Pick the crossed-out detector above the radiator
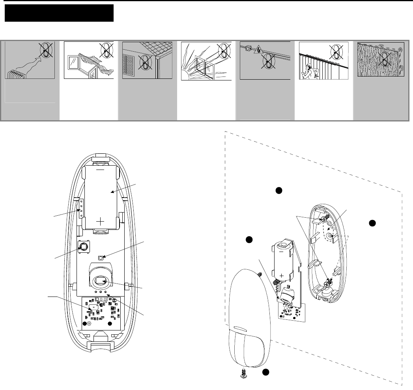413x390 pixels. tap(45, 52)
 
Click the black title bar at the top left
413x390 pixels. tap(59, 13)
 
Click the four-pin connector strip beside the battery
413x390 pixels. tap(82, 208)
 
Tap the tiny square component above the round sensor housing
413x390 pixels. tap(101, 258)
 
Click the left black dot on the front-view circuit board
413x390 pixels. tap(84, 323)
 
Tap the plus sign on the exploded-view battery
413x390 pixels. tap(281, 275)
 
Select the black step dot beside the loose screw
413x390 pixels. tap(266, 372)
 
